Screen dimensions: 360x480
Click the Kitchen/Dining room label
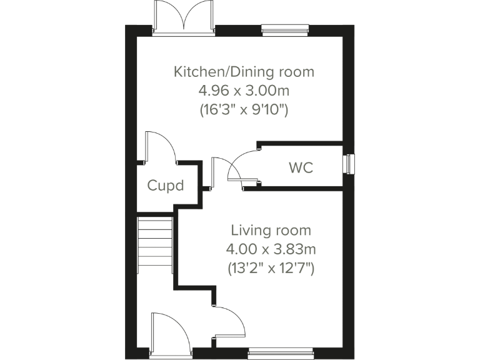click(x=244, y=72)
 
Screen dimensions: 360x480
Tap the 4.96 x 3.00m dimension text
click(x=244, y=91)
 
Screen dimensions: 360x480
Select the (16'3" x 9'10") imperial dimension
click(x=244, y=111)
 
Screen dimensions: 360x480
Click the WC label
click(x=301, y=168)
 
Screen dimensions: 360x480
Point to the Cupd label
click(x=166, y=185)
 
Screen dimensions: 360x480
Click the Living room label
click(x=271, y=231)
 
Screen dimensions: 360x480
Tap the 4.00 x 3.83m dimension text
click(x=271, y=250)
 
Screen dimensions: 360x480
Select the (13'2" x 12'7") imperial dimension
click(x=271, y=269)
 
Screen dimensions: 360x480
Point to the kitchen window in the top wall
click(x=285, y=29)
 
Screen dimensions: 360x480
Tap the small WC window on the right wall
click(x=349, y=164)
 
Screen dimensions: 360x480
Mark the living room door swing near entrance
click(x=230, y=322)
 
